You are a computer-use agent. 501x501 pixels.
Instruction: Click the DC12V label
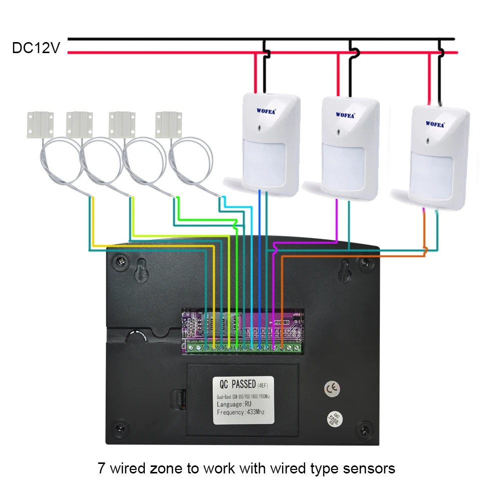pyautogui.click(x=36, y=48)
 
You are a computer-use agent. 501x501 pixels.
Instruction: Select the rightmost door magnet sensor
pyautogui.click(x=168, y=124)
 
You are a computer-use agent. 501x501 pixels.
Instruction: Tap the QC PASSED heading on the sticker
pyautogui.click(x=237, y=385)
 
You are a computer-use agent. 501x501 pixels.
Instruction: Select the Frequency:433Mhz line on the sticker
pyautogui.click(x=240, y=412)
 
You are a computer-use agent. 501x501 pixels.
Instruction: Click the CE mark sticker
pyautogui.click(x=331, y=388)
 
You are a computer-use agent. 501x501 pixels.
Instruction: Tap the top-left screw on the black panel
pyautogui.click(x=121, y=261)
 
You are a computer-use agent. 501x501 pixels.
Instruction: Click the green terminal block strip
pyautogui.click(x=242, y=346)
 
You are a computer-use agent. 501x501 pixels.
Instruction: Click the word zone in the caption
pyautogui.click(x=162, y=468)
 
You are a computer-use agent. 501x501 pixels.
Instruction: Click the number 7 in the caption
pyautogui.click(x=101, y=468)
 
